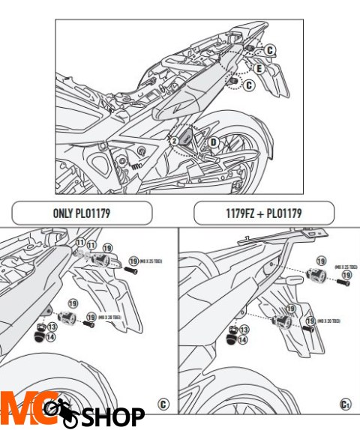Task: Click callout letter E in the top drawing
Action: (259, 68)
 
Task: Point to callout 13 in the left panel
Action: (52, 327)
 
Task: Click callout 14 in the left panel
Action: (52, 338)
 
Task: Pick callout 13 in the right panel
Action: (243, 329)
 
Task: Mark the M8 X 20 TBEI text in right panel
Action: (328, 321)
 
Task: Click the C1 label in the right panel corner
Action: (345, 405)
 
